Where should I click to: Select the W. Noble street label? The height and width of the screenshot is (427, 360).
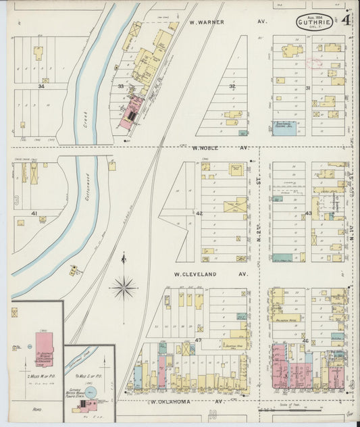tap(206, 147)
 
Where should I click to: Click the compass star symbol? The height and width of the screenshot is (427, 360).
tap(124, 287)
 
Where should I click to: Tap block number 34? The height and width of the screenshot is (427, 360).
tap(41, 86)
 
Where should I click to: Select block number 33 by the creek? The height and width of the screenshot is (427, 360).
tap(121, 86)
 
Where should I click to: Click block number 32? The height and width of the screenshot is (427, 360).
tap(232, 86)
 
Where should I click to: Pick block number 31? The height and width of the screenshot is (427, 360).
tap(307, 89)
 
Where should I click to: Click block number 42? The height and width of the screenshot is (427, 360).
tap(199, 213)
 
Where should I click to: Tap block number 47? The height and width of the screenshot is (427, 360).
tap(199, 340)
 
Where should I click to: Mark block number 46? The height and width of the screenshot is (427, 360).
tap(306, 341)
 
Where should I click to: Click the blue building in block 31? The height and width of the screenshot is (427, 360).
tap(284, 126)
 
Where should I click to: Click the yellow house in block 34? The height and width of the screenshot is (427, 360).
tap(38, 51)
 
